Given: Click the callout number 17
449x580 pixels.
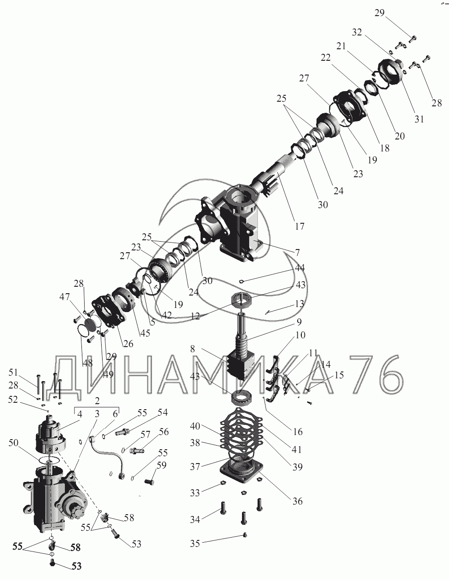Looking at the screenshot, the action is click(x=299, y=226).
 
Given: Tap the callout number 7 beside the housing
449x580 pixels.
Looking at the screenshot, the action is click(x=297, y=252).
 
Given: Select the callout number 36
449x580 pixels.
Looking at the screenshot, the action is click(x=298, y=501).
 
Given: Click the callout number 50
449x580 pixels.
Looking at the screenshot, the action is click(x=13, y=443).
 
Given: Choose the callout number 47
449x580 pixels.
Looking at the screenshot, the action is click(x=64, y=297).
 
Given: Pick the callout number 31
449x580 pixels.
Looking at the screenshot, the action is click(x=419, y=119).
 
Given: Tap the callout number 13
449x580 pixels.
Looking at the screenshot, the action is click(x=299, y=304).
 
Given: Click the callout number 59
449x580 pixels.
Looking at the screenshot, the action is click(x=162, y=465).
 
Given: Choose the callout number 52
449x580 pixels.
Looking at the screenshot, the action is click(x=13, y=400).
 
